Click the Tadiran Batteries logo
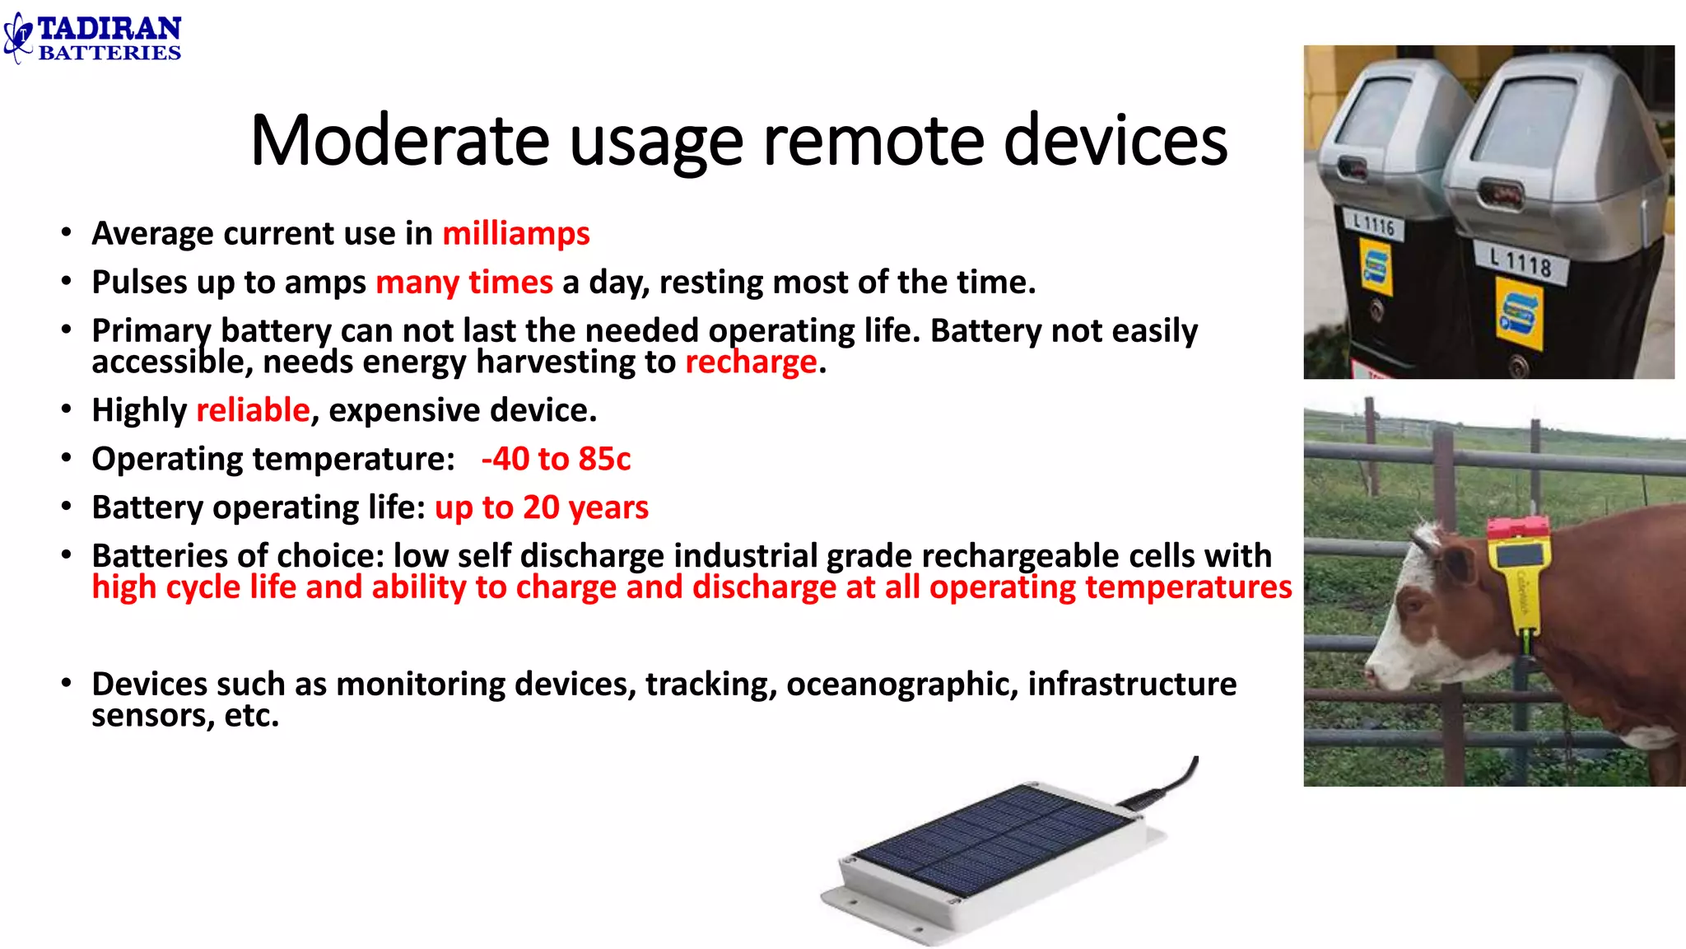pyautogui.click(x=92, y=38)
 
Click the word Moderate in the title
pyautogui.click(x=400, y=140)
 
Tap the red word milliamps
pyautogui.click(x=516, y=233)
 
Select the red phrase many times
pyautogui.click(x=464, y=283)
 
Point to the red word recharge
pyautogui.click(x=752, y=362)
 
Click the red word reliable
pyautogui.click(x=253, y=409)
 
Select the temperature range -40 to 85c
pyautogui.click(x=556, y=459)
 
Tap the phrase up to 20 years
pyautogui.click(x=542, y=507)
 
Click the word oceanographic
pyautogui.click(x=901, y=684)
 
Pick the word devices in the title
pyautogui.click(x=1115, y=140)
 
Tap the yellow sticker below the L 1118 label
pyautogui.click(x=1519, y=314)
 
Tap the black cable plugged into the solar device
pyautogui.click(x=1173, y=782)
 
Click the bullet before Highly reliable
pyautogui.click(x=67, y=409)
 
